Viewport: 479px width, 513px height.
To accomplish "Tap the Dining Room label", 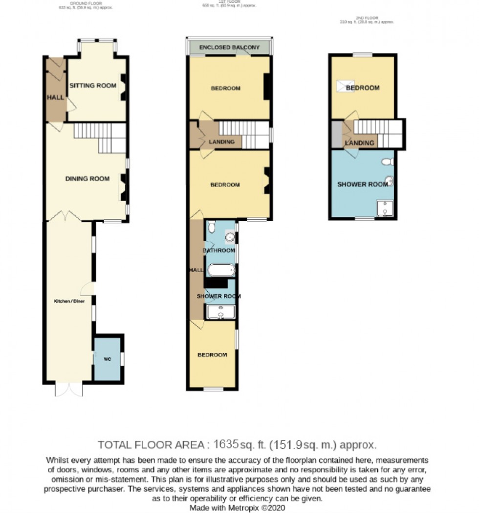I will click(87, 179).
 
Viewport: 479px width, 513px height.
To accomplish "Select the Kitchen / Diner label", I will click(69, 302).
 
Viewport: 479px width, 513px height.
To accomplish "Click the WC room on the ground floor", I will click(108, 359).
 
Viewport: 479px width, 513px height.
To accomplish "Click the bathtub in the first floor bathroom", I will click(221, 270).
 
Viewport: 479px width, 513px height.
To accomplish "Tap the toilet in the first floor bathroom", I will click(211, 227).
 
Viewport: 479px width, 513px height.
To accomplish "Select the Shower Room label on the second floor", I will click(362, 185).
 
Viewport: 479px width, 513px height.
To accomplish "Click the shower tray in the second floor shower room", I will click(386, 208).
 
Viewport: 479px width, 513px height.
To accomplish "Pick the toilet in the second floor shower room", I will click(387, 162).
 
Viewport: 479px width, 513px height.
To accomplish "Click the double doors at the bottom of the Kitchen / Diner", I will click(69, 389).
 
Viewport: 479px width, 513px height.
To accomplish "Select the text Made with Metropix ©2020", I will click(238, 508).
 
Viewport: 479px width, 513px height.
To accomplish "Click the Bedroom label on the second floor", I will click(363, 88).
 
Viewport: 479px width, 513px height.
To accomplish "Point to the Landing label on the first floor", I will click(225, 142).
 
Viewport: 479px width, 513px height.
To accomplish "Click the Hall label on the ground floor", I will click(55, 97).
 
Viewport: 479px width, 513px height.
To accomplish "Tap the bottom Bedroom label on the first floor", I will click(212, 355).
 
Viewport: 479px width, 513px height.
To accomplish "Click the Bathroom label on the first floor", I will click(219, 251).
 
